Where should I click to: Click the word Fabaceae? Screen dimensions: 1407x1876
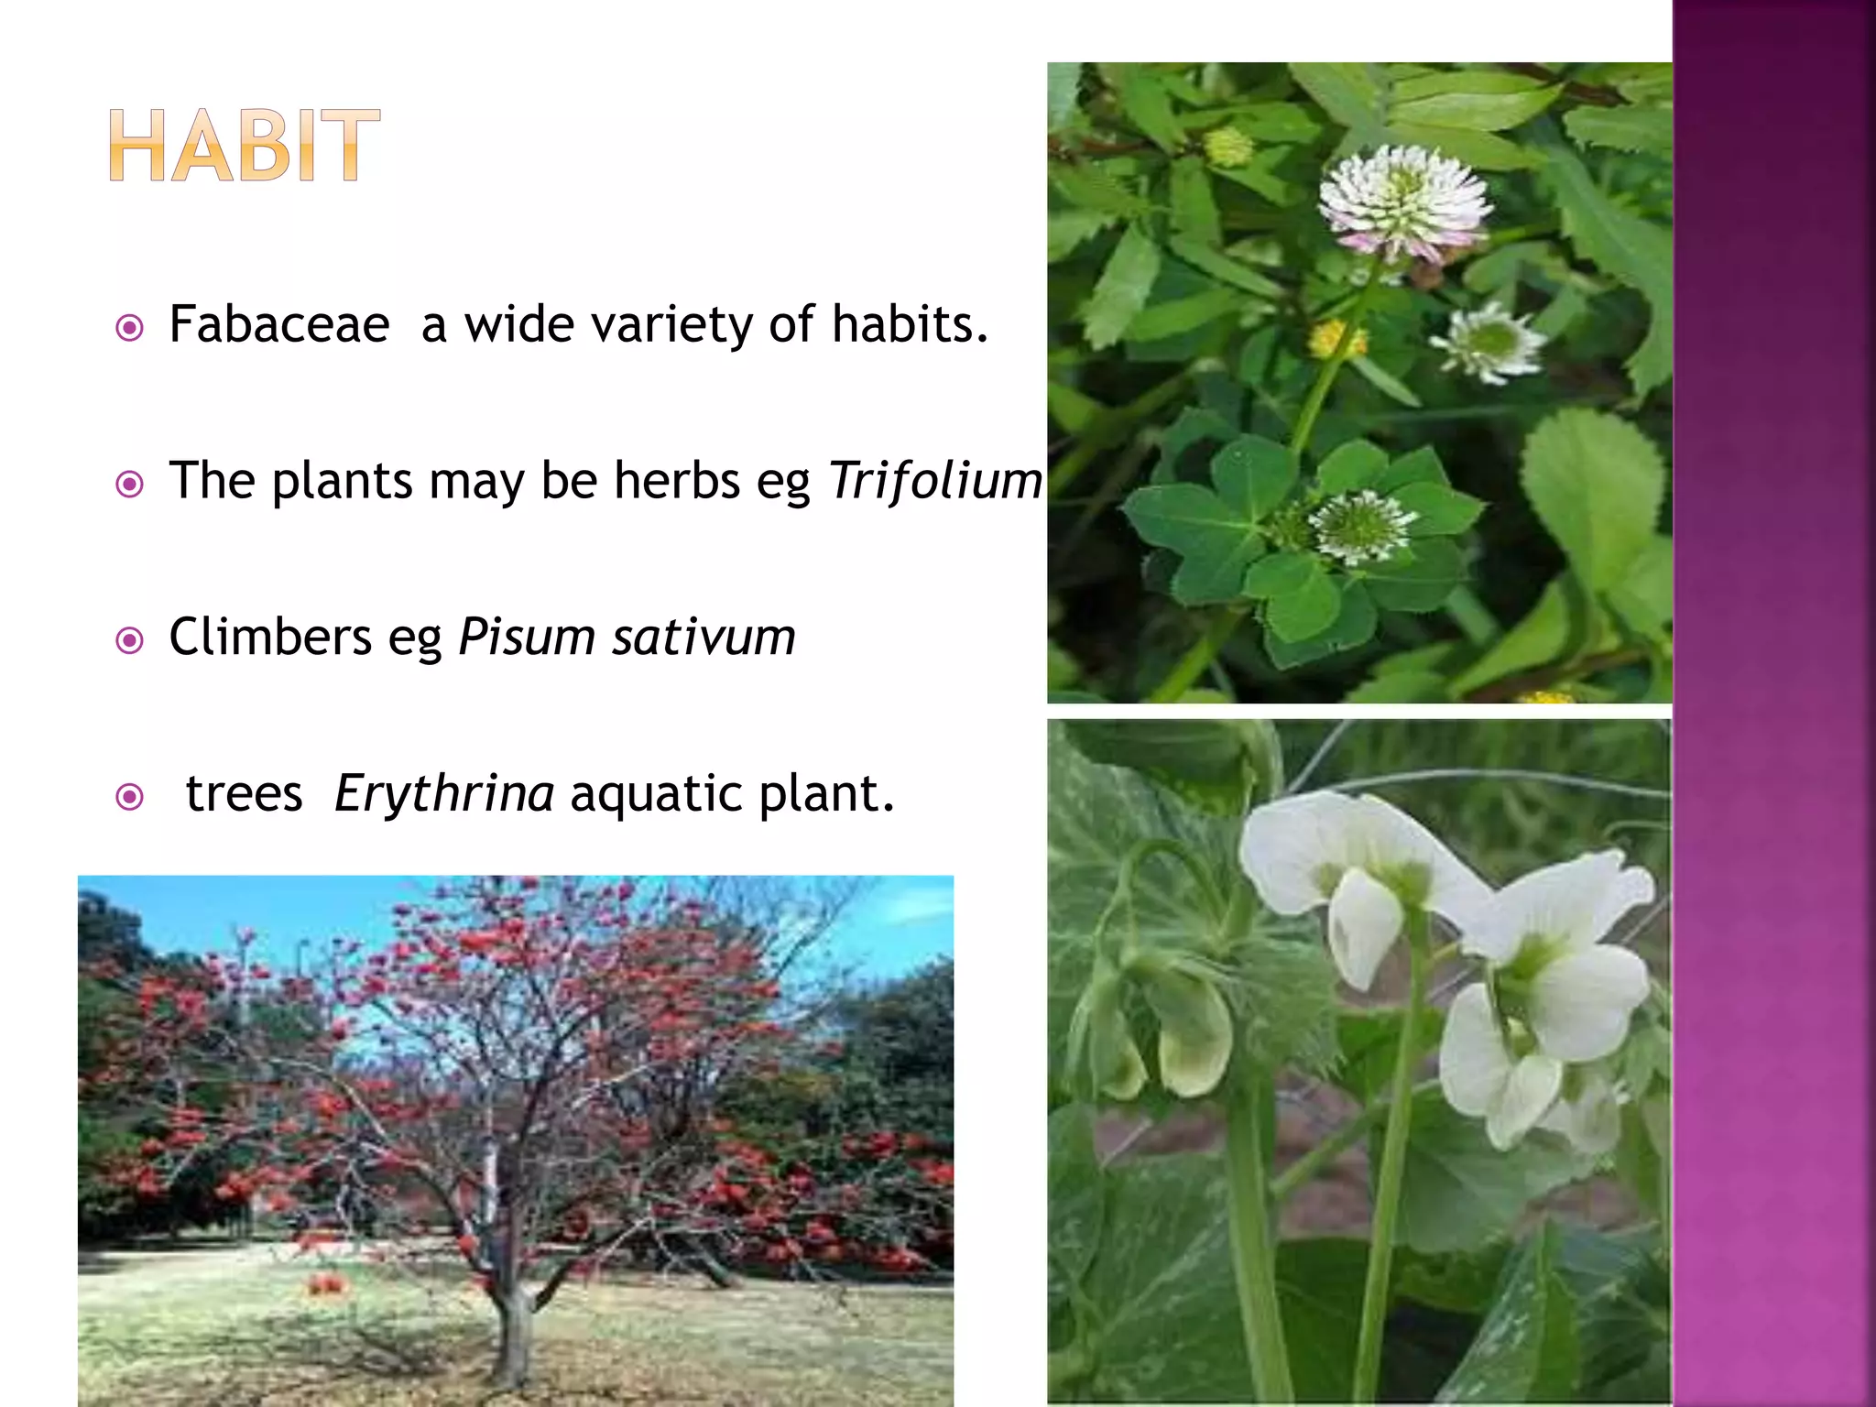click(279, 324)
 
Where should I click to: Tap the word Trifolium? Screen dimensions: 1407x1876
click(934, 481)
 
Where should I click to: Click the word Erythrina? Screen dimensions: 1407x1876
click(444, 793)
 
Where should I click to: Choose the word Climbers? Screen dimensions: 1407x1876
click(270, 637)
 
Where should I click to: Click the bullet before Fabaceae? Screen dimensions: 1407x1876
click(130, 328)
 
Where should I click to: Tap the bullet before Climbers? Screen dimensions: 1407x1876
click(130, 640)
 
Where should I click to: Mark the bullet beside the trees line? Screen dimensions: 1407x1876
click(130, 797)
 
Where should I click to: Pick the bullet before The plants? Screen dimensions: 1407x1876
click(130, 484)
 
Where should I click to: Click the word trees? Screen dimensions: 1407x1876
click(244, 793)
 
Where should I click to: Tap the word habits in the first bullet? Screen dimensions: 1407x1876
click(909, 324)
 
